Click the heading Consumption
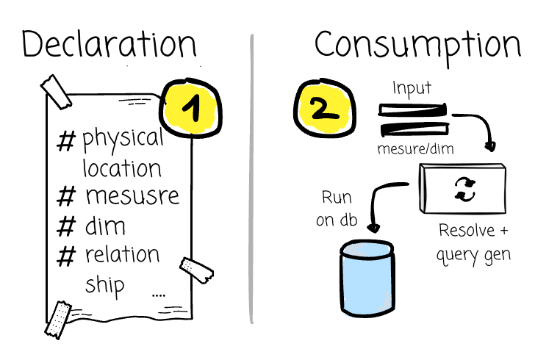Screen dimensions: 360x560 (x=417, y=46)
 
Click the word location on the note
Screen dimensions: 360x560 (x=122, y=168)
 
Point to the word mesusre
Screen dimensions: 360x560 (x=132, y=197)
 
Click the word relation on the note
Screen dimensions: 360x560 (x=122, y=254)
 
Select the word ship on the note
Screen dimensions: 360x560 (x=104, y=284)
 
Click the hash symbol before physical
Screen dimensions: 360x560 (x=66, y=140)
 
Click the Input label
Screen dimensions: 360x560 (x=412, y=89)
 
